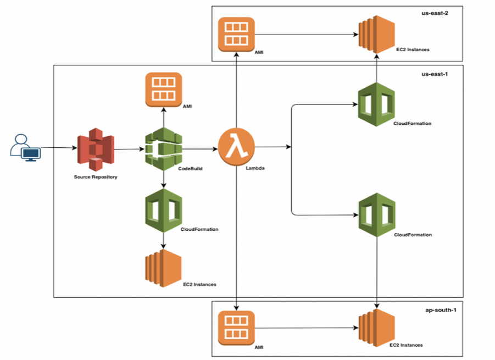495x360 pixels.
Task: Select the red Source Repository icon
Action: coord(97,149)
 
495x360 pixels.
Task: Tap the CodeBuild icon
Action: coord(163,148)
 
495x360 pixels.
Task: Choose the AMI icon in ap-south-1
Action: coord(236,328)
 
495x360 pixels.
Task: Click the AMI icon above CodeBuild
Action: coord(163,89)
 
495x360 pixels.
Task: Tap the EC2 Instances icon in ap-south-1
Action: coord(377,329)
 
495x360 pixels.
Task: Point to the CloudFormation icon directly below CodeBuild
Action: coord(163,208)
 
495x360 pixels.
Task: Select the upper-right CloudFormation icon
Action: coord(377,104)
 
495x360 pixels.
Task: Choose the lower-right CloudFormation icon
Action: coord(377,215)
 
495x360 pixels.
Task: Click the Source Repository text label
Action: coord(96,177)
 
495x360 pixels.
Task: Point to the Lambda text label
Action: coord(255,169)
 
